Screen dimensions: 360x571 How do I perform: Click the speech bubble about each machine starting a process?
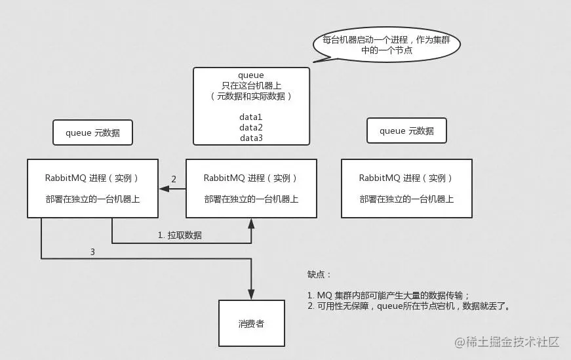[387, 45]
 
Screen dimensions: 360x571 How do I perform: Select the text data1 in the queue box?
[251, 117]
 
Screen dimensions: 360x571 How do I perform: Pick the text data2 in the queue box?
[251, 127]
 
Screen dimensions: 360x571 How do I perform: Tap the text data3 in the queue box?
[251, 138]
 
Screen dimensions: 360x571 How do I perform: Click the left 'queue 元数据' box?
[92, 132]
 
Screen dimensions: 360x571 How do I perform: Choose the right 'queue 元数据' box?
[406, 131]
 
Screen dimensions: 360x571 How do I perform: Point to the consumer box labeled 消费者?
[251, 324]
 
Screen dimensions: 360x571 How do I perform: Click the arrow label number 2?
[174, 179]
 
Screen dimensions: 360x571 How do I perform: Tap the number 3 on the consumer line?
[92, 251]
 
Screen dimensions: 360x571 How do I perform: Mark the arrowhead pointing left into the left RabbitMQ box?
[164, 189]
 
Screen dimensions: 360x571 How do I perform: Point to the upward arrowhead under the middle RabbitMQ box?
[251, 222]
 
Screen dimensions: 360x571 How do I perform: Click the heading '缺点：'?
[320, 274]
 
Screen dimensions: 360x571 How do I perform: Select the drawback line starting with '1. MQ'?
[389, 295]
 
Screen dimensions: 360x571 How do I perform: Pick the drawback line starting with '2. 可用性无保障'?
[408, 306]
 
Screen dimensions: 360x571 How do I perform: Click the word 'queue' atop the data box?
[251, 75]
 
